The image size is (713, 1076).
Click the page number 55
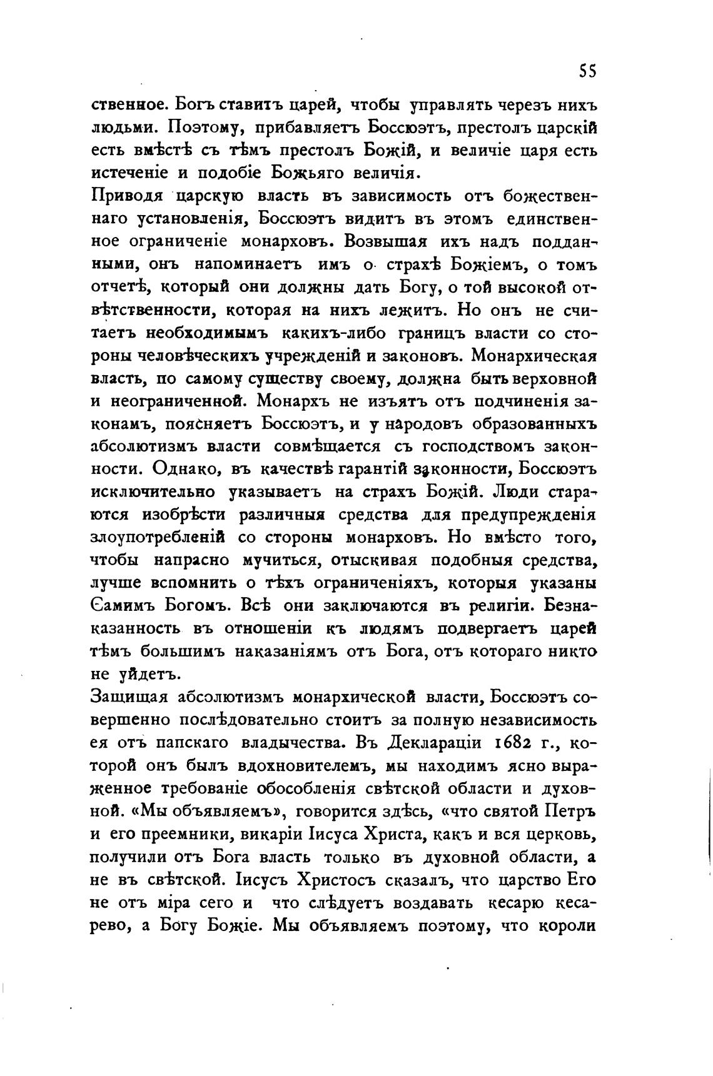click(587, 71)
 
